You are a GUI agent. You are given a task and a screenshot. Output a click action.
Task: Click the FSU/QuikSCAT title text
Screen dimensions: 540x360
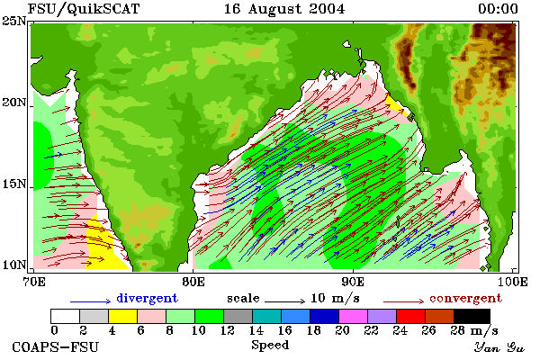[x=84, y=9]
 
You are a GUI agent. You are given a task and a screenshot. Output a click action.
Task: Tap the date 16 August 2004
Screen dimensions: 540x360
[x=284, y=9]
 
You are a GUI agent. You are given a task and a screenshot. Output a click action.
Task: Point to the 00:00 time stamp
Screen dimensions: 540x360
[x=498, y=9]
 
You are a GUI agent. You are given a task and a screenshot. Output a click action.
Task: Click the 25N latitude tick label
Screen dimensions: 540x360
[x=14, y=21]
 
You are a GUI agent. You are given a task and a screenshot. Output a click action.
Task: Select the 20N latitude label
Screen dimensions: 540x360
[x=14, y=103]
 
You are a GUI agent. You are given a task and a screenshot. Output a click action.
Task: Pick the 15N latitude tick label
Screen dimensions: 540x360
[x=14, y=184]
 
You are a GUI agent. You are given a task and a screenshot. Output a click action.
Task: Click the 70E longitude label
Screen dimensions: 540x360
[x=33, y=282]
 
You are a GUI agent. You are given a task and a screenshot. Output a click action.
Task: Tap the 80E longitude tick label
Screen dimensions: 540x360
[x=193, y=282]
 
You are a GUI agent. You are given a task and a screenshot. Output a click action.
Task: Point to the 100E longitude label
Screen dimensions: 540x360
[x=512, y=282]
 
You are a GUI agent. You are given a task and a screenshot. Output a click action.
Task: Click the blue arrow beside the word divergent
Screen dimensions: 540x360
[x=91, y=301]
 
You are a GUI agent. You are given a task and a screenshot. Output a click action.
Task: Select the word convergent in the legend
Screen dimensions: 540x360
[x=465, y=298]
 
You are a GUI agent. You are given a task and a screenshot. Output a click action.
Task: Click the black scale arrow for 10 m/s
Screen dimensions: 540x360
[x=284, y=301]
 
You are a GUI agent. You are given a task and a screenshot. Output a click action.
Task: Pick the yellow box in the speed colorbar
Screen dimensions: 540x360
[x=122, y=316]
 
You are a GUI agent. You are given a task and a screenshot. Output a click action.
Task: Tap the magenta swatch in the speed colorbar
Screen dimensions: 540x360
[x=353, y=316]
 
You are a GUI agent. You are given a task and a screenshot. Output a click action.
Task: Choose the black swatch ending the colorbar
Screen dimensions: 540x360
[x=472, y=316]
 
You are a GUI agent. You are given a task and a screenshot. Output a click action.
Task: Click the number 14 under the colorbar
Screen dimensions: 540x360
[x=256, y=330]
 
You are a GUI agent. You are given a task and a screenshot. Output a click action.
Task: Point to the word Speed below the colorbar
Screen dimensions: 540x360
[x=270, y=346]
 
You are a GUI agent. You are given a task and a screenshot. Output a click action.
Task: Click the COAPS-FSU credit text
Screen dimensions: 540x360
[x=56, y=346]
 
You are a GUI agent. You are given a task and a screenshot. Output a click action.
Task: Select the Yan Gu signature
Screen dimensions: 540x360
[x=499, y=347]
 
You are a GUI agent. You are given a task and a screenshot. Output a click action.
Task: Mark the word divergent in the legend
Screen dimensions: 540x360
[x=147, y=298]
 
